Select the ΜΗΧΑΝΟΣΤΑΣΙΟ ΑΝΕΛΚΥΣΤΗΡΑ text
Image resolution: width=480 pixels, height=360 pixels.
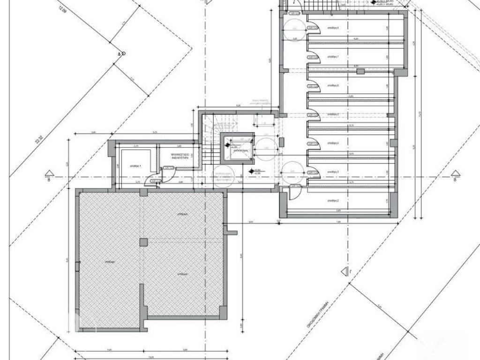(180, 156)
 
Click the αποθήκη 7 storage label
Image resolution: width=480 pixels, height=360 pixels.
(332, 57)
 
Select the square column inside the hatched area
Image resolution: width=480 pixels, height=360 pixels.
(143, 242)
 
